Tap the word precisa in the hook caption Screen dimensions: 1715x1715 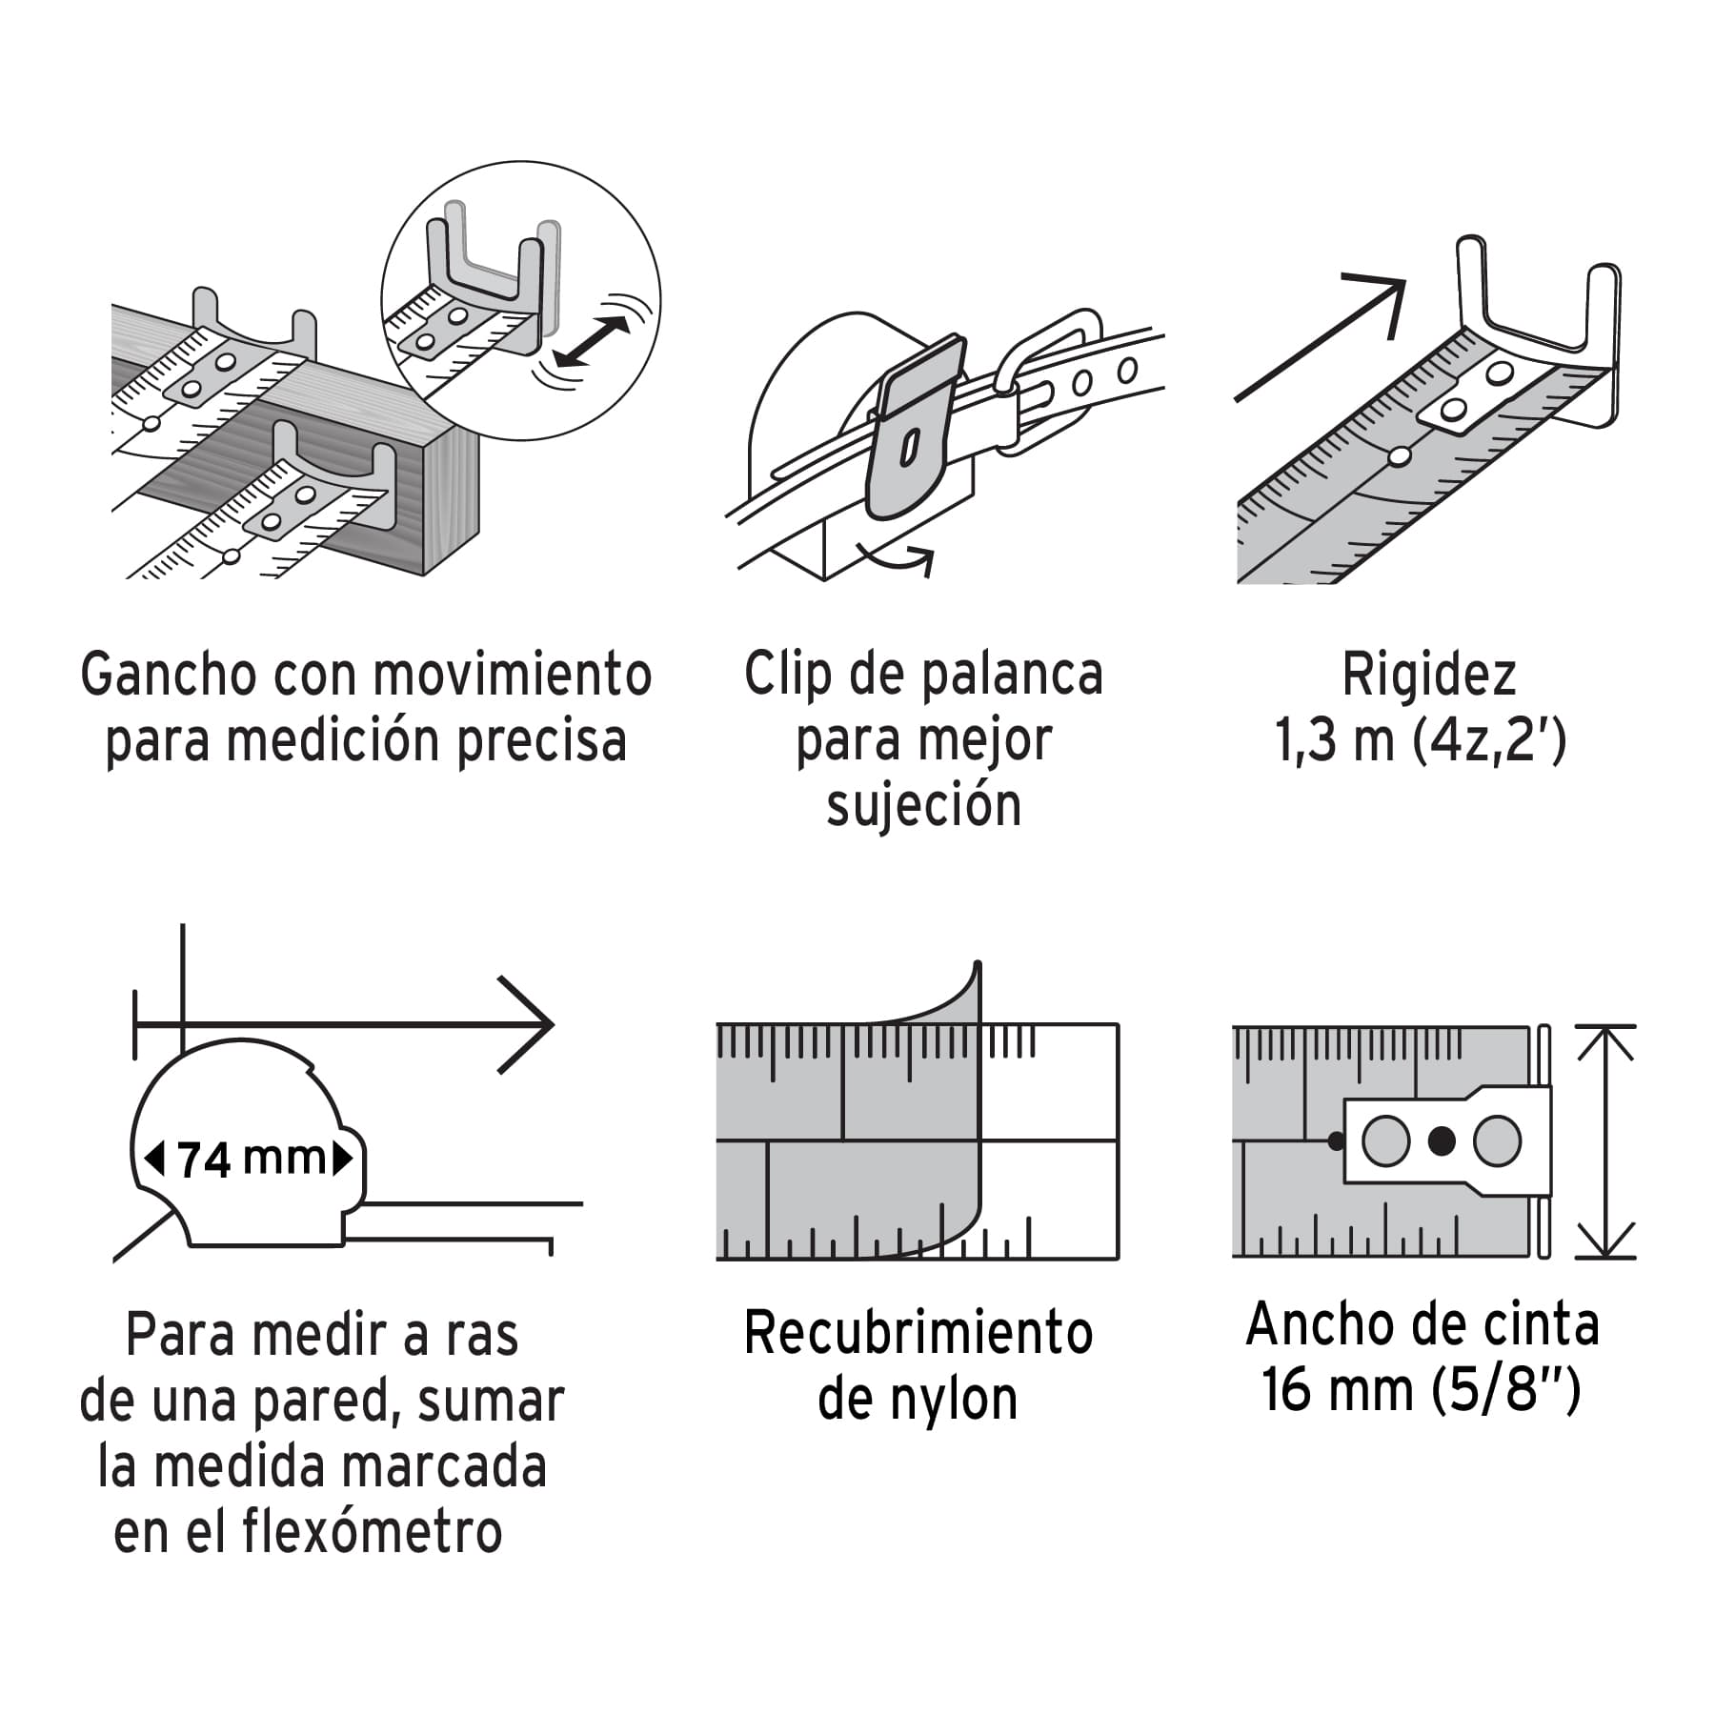542,741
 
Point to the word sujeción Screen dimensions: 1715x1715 923,806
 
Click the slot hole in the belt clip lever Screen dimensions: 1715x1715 910,446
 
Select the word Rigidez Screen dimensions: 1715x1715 1428,675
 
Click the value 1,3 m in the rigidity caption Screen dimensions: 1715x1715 1335,741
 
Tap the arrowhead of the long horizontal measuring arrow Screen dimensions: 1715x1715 534,1025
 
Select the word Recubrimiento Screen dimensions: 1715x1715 918,1333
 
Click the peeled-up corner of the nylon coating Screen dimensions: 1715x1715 962,991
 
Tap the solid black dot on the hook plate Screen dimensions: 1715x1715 1443,1140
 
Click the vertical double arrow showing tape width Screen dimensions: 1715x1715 1606,1141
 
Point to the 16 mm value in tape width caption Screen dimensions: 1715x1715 1337,1390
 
